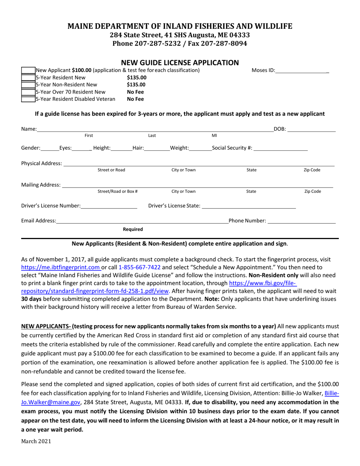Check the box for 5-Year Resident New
(28, 78)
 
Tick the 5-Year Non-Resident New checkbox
(28, 85)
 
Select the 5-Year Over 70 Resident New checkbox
(28, 92)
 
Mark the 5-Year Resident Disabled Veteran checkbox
(28, 99)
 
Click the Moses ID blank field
(302, 70)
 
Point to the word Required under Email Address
(133, 229)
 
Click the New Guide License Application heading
(180, 63)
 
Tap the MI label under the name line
(214, 136)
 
